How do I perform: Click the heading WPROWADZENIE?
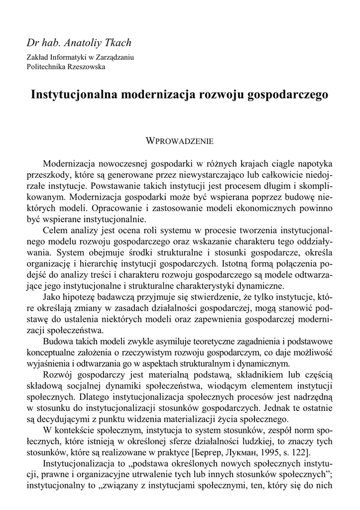[180, 141]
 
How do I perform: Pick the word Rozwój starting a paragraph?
[58, 374]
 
